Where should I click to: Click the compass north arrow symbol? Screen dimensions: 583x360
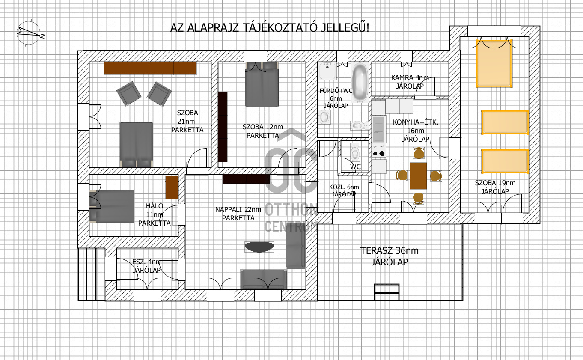coord(29,33)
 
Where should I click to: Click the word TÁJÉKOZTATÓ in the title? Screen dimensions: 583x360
coord(280,27)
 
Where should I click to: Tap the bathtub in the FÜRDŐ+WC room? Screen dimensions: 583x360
coord(360,83)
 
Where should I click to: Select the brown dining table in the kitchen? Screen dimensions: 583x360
coord(418,176)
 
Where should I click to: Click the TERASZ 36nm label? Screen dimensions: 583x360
coord(390,251)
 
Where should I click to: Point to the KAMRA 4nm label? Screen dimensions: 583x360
coord(410,77)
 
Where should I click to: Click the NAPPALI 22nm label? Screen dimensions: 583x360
coord(238,210)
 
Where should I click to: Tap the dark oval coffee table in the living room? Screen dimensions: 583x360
coord(259,247)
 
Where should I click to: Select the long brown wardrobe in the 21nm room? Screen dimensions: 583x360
coord(150,68)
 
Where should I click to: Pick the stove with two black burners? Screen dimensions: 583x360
coord(379,150)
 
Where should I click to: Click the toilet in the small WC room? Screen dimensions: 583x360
coord(355,152)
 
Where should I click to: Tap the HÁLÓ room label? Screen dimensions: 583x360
coord(155,206)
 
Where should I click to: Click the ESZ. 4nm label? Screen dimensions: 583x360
coord(147,262)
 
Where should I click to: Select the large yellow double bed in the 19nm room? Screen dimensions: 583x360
coord(494,63)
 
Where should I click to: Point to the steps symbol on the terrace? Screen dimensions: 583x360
coord(387,292)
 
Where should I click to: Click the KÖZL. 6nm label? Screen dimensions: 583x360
coord(344,187)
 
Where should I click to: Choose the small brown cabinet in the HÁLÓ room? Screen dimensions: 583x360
coord(172,187)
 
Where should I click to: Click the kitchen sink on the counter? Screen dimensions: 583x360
coord(379,129)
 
